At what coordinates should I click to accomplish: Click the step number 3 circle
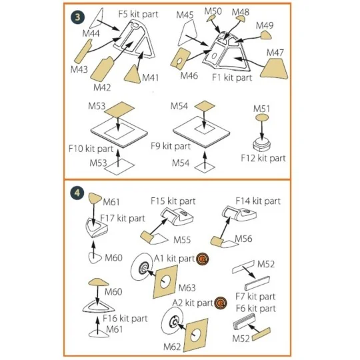(x=77, y=17)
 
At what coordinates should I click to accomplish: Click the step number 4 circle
(x=77, y=193)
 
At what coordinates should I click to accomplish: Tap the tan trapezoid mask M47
(x=275, y=69)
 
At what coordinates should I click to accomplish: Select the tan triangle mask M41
(x=133, y=75)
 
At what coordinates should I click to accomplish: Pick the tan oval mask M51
(x=262, y=118)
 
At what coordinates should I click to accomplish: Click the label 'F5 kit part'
(x=138, y=14)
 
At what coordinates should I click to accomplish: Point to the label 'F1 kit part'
(x=232, y=77)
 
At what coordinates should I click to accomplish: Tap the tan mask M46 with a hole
(x=181, y=58)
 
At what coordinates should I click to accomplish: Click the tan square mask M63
(x=165, y=281)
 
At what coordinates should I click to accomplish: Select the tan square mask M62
(x=195, y=335)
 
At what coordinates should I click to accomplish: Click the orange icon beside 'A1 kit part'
(x=203, y=259)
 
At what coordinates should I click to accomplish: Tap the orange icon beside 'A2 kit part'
(x=221, y=303)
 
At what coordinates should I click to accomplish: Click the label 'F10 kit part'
(x=91, y=149)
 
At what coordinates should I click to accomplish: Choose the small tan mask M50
(x=210, y=19)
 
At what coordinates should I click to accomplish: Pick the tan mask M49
(x=266, y=35)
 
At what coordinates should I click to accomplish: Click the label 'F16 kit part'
(x=125, y=319)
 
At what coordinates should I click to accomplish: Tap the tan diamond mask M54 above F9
(x=205, y=106)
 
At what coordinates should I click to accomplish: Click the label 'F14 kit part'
(x=258, y=201)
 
